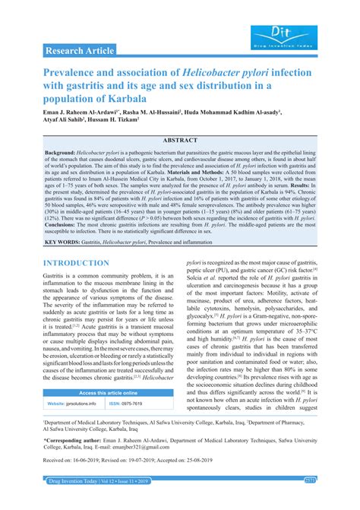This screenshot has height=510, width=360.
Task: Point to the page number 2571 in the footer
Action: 331,502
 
